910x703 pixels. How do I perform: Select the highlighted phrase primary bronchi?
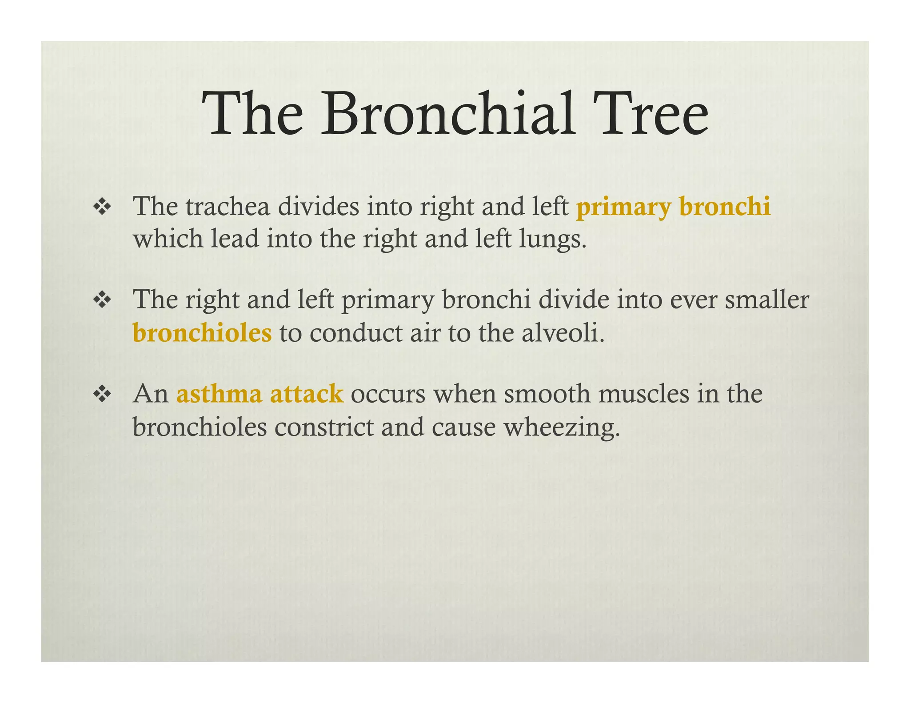[x=673, y=208]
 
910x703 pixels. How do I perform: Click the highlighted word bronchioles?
[x=202, y=333]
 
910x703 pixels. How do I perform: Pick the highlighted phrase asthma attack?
[x=260, y=394]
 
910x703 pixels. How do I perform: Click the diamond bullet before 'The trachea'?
[x=102, y=208]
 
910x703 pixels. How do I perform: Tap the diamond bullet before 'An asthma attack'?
[x=102, y=394]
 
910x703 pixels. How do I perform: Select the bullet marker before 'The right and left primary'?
[x=102, y=301]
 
